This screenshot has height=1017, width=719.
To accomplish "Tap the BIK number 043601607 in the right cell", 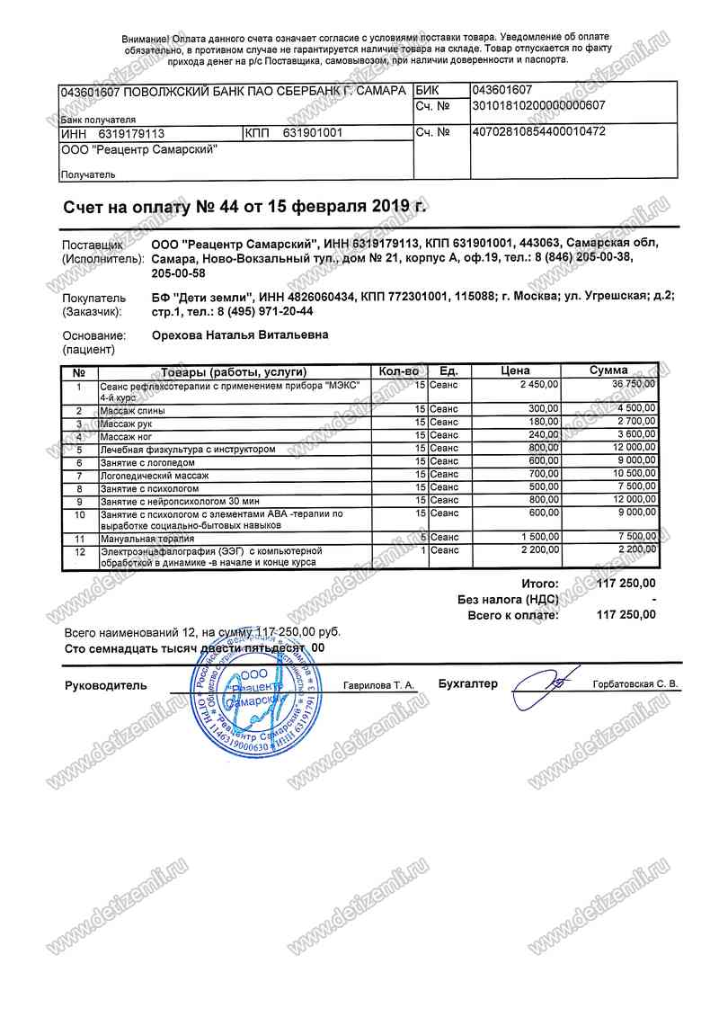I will pos(502,90).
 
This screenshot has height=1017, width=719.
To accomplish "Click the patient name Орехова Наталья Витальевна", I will pos(239,335).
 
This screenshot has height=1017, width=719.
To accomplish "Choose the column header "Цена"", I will pos(515,370).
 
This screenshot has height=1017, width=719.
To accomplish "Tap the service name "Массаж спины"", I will pos(132,410).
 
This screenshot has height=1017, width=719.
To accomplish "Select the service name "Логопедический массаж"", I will pos(154,474).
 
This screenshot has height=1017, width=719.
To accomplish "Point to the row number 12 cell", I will pos(79,550).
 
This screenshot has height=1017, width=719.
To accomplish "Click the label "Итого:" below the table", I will pos(539,584).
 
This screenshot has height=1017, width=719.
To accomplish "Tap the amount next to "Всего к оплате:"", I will pos(626,615).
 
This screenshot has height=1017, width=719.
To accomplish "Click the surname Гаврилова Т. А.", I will pos(378,685).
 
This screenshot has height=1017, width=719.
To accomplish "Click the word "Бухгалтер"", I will pos(467,684).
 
